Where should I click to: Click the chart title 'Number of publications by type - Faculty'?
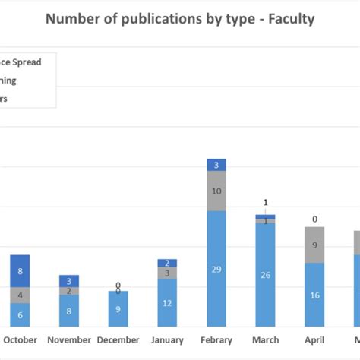point(179,18)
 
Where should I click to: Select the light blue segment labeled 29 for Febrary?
point(216,269)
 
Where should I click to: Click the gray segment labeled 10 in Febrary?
point(216,191)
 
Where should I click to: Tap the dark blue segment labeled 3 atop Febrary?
point(216,165)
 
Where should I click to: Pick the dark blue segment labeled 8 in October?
point(20,271)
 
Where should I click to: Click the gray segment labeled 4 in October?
point(20,295)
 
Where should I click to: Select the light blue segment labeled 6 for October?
point(20,314)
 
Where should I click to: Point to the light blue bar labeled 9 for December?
point(118,309)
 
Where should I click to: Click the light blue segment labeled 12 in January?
point(167,303)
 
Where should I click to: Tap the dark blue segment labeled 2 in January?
point(167,263)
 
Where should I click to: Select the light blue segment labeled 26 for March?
point(265,274)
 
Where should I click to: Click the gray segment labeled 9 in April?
point(314,245)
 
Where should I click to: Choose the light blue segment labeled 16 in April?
point(314,295)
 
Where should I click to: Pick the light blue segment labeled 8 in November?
point(69,311)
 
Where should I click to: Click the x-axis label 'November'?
point(69,340)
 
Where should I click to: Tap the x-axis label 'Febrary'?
point(216,340)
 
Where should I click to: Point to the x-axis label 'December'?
point(118,340)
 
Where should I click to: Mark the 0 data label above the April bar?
point(314,219)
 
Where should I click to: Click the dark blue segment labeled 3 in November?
point(69,280)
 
